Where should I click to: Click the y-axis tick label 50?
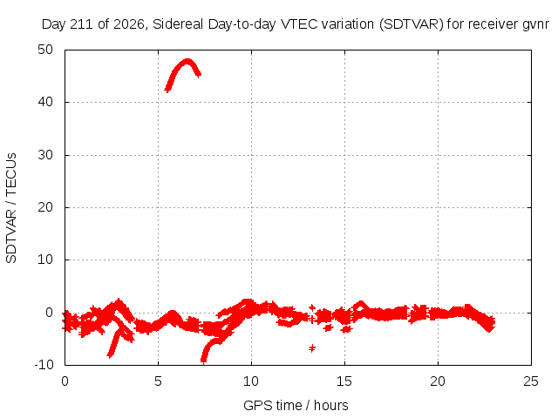45,50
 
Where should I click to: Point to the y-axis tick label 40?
45,103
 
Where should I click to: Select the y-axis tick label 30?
45,155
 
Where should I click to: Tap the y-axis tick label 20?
45,207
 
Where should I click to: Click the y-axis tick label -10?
44,365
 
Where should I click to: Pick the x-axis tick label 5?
158,381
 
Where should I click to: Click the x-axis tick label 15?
344,381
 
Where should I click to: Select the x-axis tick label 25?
531,381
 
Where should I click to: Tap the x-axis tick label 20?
438,381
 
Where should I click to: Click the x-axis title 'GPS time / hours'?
296,406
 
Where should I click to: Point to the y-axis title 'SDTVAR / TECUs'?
11,208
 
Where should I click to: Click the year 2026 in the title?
129,24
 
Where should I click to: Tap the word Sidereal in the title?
178,24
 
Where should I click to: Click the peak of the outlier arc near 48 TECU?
187,62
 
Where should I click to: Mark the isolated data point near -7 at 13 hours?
312,348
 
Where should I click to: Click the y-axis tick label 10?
45,260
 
